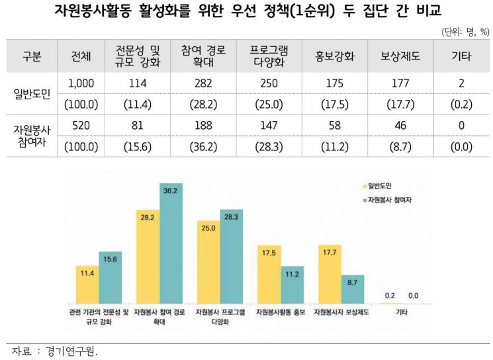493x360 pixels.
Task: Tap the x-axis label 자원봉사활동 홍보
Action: coord(279,310)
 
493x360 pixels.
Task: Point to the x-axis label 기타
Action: coord(400,310)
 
